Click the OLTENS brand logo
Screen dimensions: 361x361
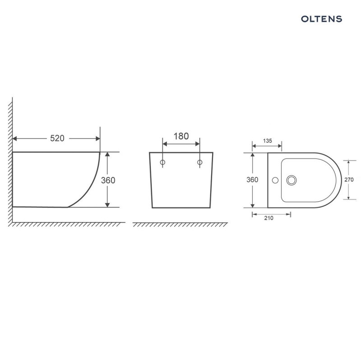click(321, 19)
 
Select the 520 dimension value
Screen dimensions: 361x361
click(57, 139)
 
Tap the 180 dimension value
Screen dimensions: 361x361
click(181, 136)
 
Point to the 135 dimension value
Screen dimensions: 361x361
click(267, 141)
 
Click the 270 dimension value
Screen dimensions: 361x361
click(348, 179)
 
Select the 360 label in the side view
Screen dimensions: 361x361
click(108, 180)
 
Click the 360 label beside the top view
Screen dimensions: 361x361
click(252, 180)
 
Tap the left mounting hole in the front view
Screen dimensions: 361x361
click(163, 162)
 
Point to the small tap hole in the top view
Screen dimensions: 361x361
click(273, 180)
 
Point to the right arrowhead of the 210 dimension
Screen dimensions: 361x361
click(289, 214)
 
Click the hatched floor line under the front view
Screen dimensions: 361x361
click(180, 224)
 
